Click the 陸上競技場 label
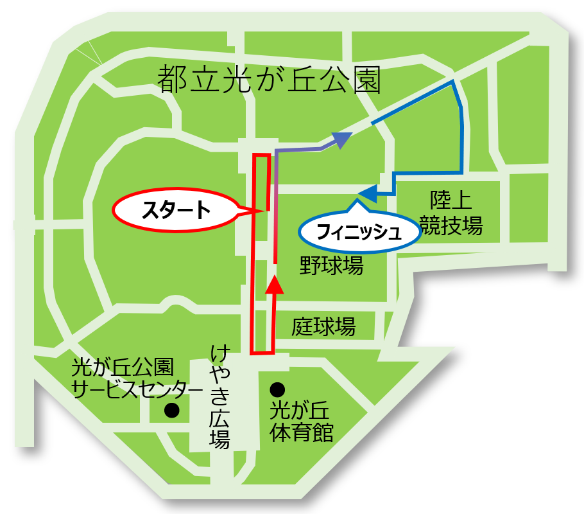[450, 213]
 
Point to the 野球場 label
[332, 265]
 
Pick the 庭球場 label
[323, 326]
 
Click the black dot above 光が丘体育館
[277, 389]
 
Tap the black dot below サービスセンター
[171, 410]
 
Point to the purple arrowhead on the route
[343, 139]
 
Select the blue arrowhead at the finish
[368, 192]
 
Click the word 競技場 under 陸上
[450, 226]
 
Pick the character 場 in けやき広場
[219, 440]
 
